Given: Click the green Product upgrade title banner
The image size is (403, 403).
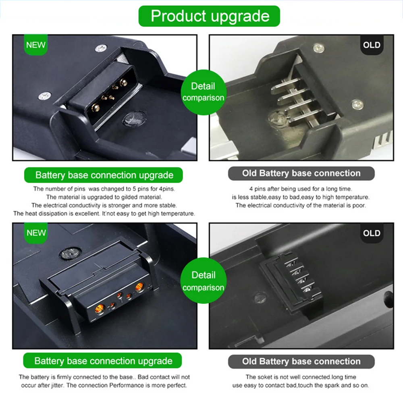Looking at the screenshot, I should (x=210, y=16).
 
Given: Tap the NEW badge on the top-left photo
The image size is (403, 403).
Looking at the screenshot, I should (x=35, y=45).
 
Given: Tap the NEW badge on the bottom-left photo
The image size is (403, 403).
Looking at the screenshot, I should (x=35, y=233).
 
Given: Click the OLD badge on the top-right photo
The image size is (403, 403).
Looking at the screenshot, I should (x=372, y=45).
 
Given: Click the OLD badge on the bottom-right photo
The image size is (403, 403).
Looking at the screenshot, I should (x=372, y=233).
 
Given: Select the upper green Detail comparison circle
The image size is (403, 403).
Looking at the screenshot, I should (x=203, y=92).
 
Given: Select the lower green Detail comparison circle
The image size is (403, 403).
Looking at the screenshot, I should (x=203, y=281).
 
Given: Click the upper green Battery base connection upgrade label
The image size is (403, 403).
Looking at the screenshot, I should (x=104, y=175).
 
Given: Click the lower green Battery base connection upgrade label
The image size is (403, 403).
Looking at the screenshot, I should (x=103, y=361).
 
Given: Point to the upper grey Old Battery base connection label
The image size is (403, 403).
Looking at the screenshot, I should (x=301, y=174).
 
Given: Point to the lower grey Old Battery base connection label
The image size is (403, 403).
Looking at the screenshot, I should (x=301, y=361).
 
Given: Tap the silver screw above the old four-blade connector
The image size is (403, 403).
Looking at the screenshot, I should (x=318, y=49).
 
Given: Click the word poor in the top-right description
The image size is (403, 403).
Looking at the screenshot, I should (x=359, y=205).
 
